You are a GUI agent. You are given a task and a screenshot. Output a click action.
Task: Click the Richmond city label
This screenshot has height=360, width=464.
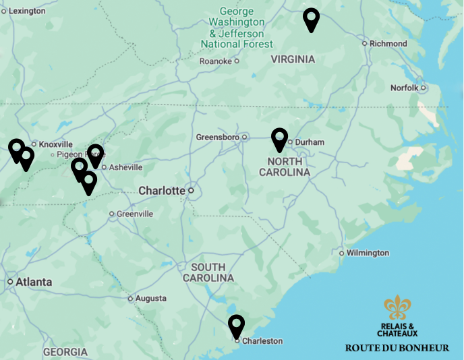tap(388, 44)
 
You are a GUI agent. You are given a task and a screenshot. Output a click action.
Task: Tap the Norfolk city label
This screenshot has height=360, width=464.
tap(405, 88)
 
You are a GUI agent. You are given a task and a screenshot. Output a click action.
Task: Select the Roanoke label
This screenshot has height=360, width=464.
tap(215, 61)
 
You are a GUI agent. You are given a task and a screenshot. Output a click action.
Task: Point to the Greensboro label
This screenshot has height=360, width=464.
tap(217, 138)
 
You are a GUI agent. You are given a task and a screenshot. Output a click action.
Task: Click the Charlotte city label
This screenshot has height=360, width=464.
tap(161, 191)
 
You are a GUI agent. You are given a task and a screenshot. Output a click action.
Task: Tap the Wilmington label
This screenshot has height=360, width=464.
tap(368, 253)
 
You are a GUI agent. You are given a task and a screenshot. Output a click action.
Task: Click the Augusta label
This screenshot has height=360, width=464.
tap(150, 298)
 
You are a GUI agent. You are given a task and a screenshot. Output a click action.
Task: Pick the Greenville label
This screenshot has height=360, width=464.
tap(135, 214)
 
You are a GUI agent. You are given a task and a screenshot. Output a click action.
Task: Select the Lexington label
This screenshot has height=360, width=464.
tap(26, 11)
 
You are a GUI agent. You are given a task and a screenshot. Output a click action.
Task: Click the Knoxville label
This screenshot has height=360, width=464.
tap(55, 144)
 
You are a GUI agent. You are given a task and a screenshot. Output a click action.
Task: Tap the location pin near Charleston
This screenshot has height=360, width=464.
tap(236, 326)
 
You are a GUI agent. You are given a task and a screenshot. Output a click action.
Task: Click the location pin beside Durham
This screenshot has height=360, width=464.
tap(279, 138)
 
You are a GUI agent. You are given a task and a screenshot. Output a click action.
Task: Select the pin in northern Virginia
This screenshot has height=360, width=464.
tap(311, 19)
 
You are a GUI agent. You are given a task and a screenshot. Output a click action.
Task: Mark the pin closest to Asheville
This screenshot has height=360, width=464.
tap(95, 154)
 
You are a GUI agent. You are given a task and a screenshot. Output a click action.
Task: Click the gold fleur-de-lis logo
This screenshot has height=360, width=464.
tap(397, 307)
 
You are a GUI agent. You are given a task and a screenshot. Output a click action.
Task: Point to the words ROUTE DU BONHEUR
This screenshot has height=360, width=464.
tap(397, 349)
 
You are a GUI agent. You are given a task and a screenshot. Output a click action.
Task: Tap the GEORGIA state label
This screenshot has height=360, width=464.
tap(65, 352)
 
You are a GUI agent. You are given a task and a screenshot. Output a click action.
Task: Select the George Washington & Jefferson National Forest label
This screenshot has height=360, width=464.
tap(237, 28)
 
